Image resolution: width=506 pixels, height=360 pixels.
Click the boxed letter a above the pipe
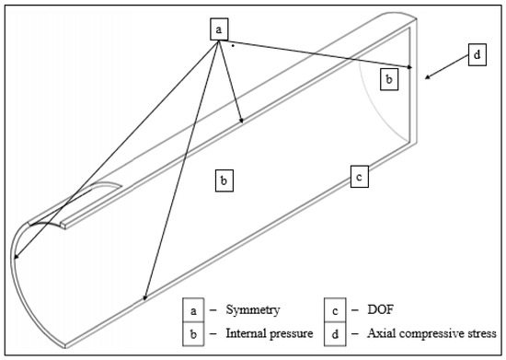point(219,29)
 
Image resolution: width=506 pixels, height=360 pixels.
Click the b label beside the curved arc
point(390,80)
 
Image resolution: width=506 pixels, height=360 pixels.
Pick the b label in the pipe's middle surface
point(223,180)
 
